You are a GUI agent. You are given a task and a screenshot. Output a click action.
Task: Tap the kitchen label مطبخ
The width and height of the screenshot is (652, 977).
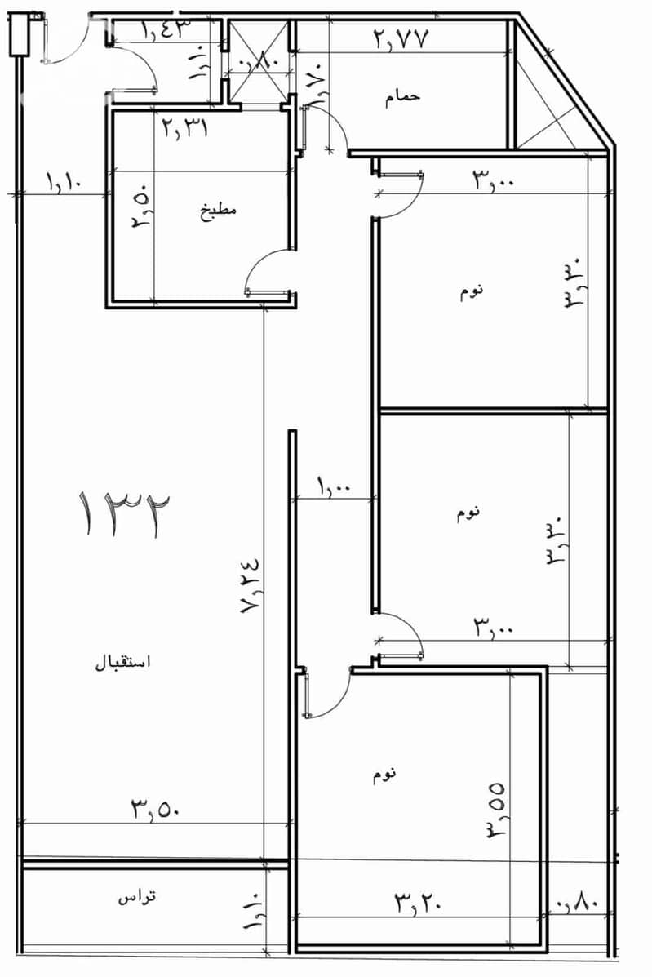click(218, 210)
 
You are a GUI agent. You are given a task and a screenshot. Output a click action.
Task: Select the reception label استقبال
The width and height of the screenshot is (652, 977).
click(123, 662)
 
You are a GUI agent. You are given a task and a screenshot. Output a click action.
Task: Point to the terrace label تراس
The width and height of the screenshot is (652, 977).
click(137, 897)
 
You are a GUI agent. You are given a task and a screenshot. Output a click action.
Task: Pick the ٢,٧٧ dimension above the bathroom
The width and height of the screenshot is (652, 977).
click(401, 39)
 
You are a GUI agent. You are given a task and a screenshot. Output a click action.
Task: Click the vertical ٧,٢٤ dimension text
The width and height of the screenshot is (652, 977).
click(251, 585)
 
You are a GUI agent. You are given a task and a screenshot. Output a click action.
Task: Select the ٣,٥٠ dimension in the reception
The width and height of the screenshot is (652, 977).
click(156, 809)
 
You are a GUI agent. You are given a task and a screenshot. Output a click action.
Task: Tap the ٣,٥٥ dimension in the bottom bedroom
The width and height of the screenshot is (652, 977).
click(496, 809)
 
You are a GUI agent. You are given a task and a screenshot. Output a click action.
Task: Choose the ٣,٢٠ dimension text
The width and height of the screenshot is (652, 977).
click(419, 902)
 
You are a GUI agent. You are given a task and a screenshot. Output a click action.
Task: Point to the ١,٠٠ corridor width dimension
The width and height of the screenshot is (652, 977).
click(335, 486)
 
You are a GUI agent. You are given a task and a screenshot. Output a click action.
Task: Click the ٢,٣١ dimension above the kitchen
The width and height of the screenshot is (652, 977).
click(185, 128)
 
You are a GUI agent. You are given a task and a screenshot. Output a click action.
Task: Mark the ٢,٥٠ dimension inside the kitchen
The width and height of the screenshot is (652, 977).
click(142, 212)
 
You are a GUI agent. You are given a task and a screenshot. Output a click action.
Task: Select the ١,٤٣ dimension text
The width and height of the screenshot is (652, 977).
click(164, 29)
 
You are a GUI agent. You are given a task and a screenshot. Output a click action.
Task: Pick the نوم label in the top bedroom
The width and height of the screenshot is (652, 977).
click(472, 291)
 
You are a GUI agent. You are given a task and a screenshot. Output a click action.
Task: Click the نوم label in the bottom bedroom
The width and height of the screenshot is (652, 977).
click(384, 775)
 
